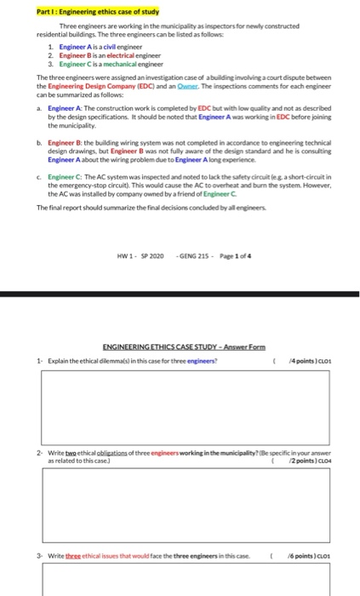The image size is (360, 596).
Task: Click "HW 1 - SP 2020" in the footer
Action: [141, 232]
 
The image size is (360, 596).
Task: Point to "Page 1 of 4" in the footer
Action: [231, 232]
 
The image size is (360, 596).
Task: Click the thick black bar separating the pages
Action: [180, 294]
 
